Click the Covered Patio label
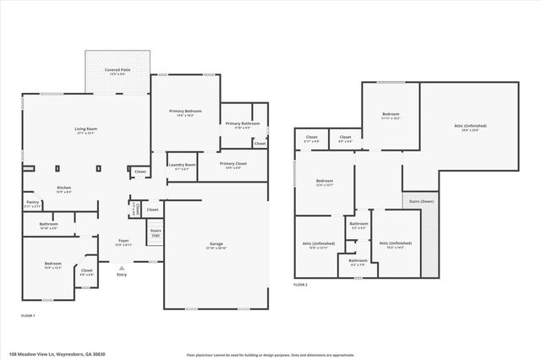point(117,69)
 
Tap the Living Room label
point(86,128)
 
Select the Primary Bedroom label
point(185,111)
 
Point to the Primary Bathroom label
point(243,124)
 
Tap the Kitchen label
point(64,188)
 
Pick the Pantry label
point(33,202)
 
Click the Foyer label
point(123,241)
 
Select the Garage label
point(217,243)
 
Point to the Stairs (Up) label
point(156,232)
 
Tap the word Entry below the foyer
point(122,275)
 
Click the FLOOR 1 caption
point(29,315)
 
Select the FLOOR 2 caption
point(301,286)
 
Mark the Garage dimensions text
point(217,248)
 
